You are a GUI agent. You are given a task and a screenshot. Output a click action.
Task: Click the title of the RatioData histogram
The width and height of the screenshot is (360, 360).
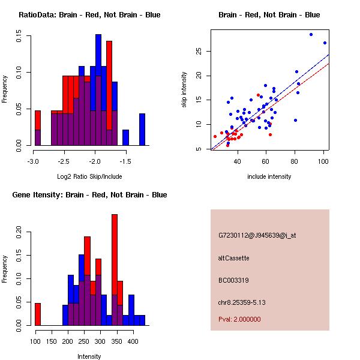pyautogui.click(x=89, y=15)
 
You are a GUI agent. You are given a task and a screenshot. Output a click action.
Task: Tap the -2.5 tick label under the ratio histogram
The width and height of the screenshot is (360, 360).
pyautogui.click(x=64, y=161)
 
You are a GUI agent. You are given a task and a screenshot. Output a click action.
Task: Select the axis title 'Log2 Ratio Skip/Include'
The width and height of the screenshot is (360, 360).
pyautogui.click(x=89, y=176)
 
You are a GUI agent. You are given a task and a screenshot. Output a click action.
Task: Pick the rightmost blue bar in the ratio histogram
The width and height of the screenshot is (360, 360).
pyautogui.click(x=142, y=130)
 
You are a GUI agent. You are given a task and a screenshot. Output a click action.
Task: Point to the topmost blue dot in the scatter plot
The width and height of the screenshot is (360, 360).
pyautogui.click(x=311, y=34)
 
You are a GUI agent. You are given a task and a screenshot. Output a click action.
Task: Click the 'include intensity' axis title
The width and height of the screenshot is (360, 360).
pyautogui.click(x=269, y=176)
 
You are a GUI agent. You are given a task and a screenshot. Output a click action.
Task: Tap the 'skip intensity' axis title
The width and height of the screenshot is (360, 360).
pyautogui.click(x=184, y=89)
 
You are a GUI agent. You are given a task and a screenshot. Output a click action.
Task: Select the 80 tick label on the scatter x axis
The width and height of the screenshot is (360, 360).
pyautogui.click(x=295, y=161)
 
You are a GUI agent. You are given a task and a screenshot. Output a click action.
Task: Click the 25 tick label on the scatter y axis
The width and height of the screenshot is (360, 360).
pyautogui.click(x=199, y=51)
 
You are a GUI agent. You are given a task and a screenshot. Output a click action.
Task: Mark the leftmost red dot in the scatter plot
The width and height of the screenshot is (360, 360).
pyautogui.click(x=215, y=137)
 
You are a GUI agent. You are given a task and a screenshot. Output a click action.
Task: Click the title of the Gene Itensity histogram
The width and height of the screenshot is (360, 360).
pyautogui.click(x=89, y=195)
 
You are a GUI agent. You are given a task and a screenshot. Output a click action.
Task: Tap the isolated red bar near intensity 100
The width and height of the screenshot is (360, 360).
pyautogui.click(x=38, y=314)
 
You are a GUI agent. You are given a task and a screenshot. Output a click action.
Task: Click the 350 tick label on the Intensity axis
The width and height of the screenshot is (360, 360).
pyautogui.click(x=116, y=341)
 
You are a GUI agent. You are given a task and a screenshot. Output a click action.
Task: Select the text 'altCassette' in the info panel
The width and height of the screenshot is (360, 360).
pyautogui.click(x=233, y=258)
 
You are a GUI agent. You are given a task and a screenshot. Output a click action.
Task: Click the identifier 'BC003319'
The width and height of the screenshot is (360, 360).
pyautogui.click(x=233, y=280)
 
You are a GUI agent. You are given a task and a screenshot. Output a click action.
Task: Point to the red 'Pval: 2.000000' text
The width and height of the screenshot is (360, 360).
pyautogui.click(x=239, y=319)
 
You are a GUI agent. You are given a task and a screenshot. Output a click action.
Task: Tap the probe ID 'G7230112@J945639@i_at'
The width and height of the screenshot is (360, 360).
pyautogui.click(x=257, y=236)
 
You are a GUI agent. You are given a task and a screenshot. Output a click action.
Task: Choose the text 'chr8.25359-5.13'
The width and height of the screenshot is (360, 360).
pyautogui.click(x=242, y=302)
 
